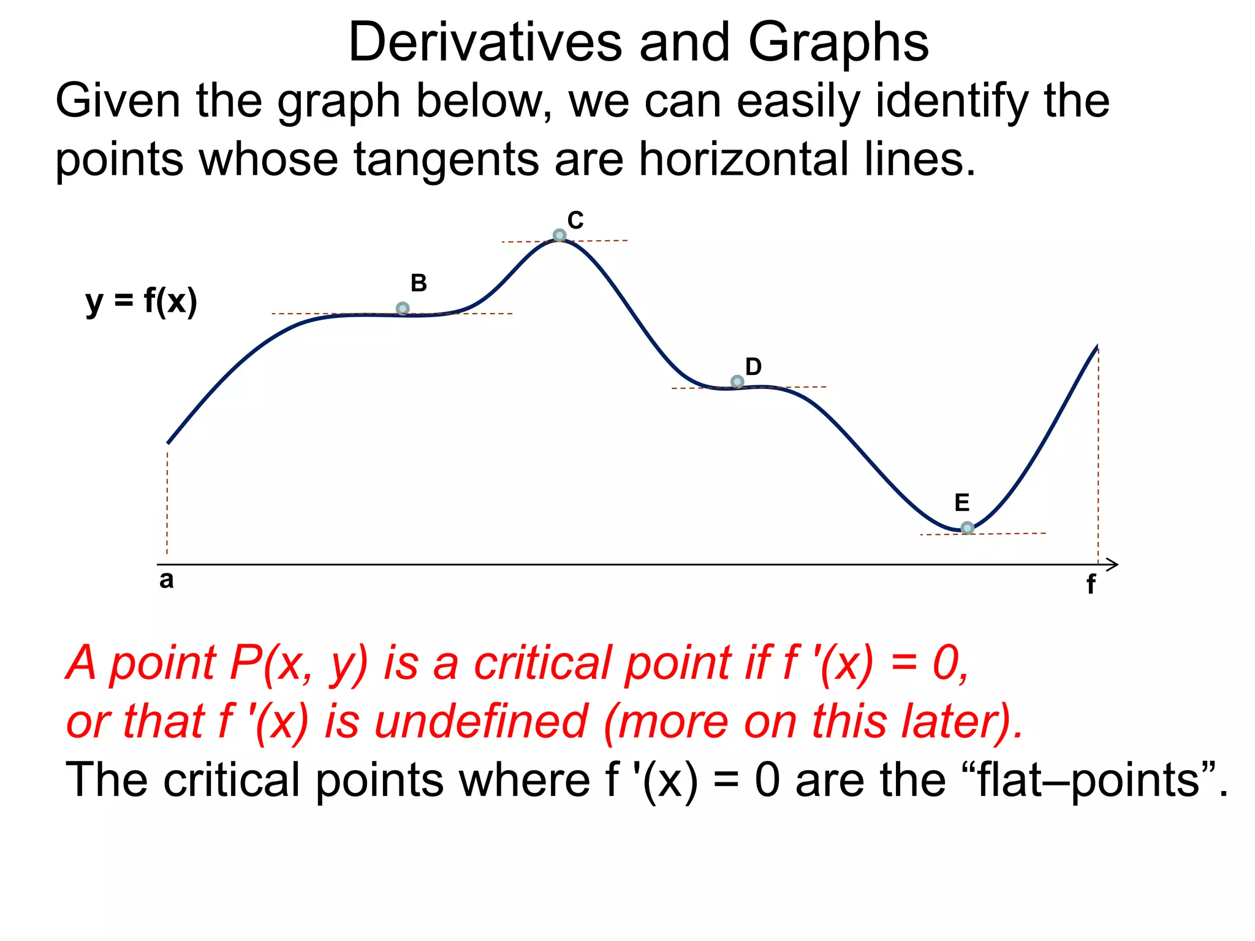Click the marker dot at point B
pos(403,308)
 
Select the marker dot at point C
pos(559,235)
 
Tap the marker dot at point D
pos(738,382)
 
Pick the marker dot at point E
pos(967,527)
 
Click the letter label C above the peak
pos(575,220)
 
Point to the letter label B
pos(419,283)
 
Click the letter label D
pos(753,366)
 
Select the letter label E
pos(962,503)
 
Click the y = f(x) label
pos(142,301)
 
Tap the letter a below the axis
pos(166,580)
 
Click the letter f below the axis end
pos(1091,584)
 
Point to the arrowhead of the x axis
pos(1113,565)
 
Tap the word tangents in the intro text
pos(446,160)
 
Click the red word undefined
pos(482,721)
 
